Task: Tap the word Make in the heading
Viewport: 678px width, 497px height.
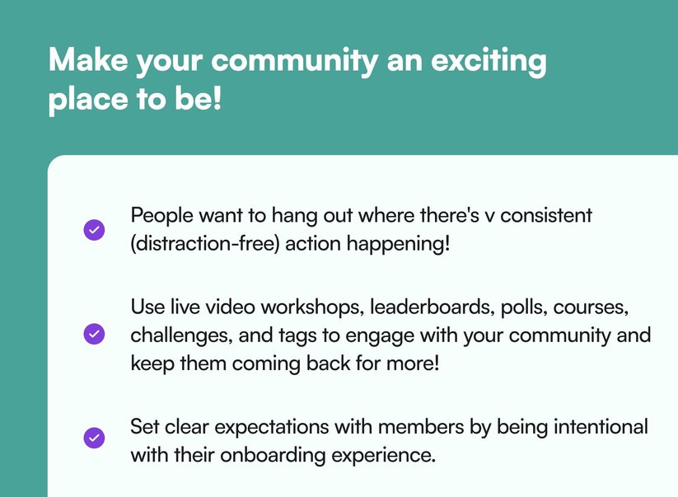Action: pyautogui.click(x=88, y=59)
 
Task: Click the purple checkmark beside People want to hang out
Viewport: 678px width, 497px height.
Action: pyautogui.click(x=94, y=230)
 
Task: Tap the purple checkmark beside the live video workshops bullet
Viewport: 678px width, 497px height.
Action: pyautogui.click(x=94, y=334)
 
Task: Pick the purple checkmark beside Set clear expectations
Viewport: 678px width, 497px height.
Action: pyautogui.click(x=94, y=438)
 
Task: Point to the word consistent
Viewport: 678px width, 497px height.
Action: pyautogui.click(x=546, y=215)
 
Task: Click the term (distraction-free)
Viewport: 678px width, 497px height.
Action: pyautogui.click(x=205, y=244)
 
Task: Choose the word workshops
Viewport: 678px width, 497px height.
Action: pyautogui.click(x=311, y=308)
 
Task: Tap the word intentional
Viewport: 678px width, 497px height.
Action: pyautogui.click(x=601, y=426)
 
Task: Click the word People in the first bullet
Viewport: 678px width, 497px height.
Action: pyautogui.click(x=161, y=216)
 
